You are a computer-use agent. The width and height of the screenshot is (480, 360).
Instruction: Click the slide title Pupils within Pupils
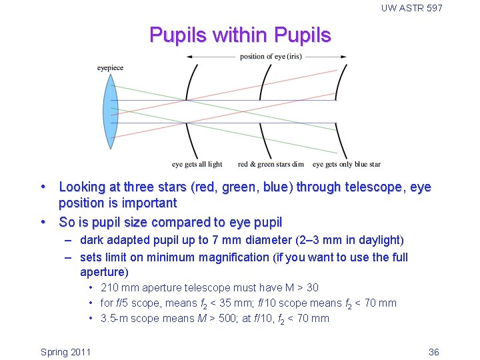(240, 35)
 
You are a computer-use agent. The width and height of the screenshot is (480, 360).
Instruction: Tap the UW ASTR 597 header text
(411, 8)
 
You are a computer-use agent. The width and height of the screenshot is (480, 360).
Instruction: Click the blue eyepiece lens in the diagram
(110, 111)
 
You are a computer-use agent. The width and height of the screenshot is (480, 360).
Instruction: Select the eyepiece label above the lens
(110, 68)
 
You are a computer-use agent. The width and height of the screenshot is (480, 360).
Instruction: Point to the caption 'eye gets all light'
(197, 164)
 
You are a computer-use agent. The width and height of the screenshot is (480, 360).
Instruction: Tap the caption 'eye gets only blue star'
(347, 164)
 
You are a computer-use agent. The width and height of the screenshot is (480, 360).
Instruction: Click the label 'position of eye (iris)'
(271, 57)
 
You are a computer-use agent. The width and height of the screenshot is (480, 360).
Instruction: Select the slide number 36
(433, 352)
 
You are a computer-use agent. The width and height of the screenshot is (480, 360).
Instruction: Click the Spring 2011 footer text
(65, 352)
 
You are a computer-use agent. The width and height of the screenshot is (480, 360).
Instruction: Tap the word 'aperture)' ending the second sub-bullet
(103, 272)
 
